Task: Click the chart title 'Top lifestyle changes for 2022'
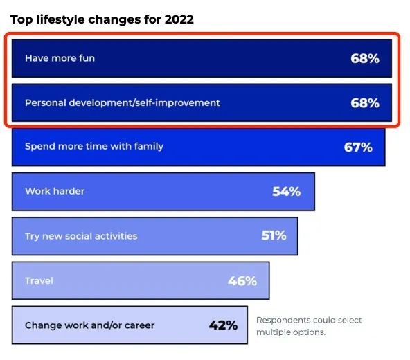[x=102, y=20]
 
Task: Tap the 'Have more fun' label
[x=60, y=58]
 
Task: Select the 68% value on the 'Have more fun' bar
[x=365, y=58]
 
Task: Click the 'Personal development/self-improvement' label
[x=123, y=102]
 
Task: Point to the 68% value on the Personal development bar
[x=365, y=103]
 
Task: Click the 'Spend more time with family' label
[x=94, y=146]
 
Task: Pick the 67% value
[x=358, y=147]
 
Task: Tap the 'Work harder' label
[x=55, y=191]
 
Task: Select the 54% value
[x=286, y=191]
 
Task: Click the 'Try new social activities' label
[x=81, y=236]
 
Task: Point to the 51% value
[x=274, y=235]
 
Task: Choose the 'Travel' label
[x=39, y=281]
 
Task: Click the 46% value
[x=242, y=281]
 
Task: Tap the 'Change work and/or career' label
[x=90, y=325]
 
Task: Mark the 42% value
[x=223, y=325]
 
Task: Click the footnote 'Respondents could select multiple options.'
[x=309, y=326]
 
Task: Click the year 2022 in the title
[x=179, y=19]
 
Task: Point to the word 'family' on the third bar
[x=149, y=147]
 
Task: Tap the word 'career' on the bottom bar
[x=139, y=326]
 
